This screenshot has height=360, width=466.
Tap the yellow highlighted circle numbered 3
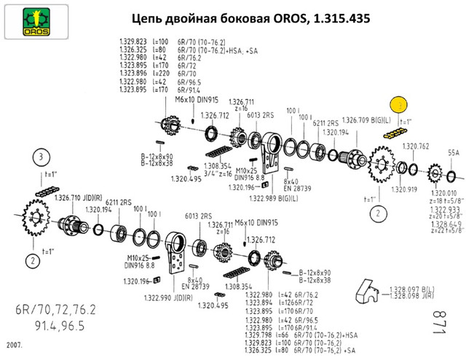[x=399, y=105]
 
